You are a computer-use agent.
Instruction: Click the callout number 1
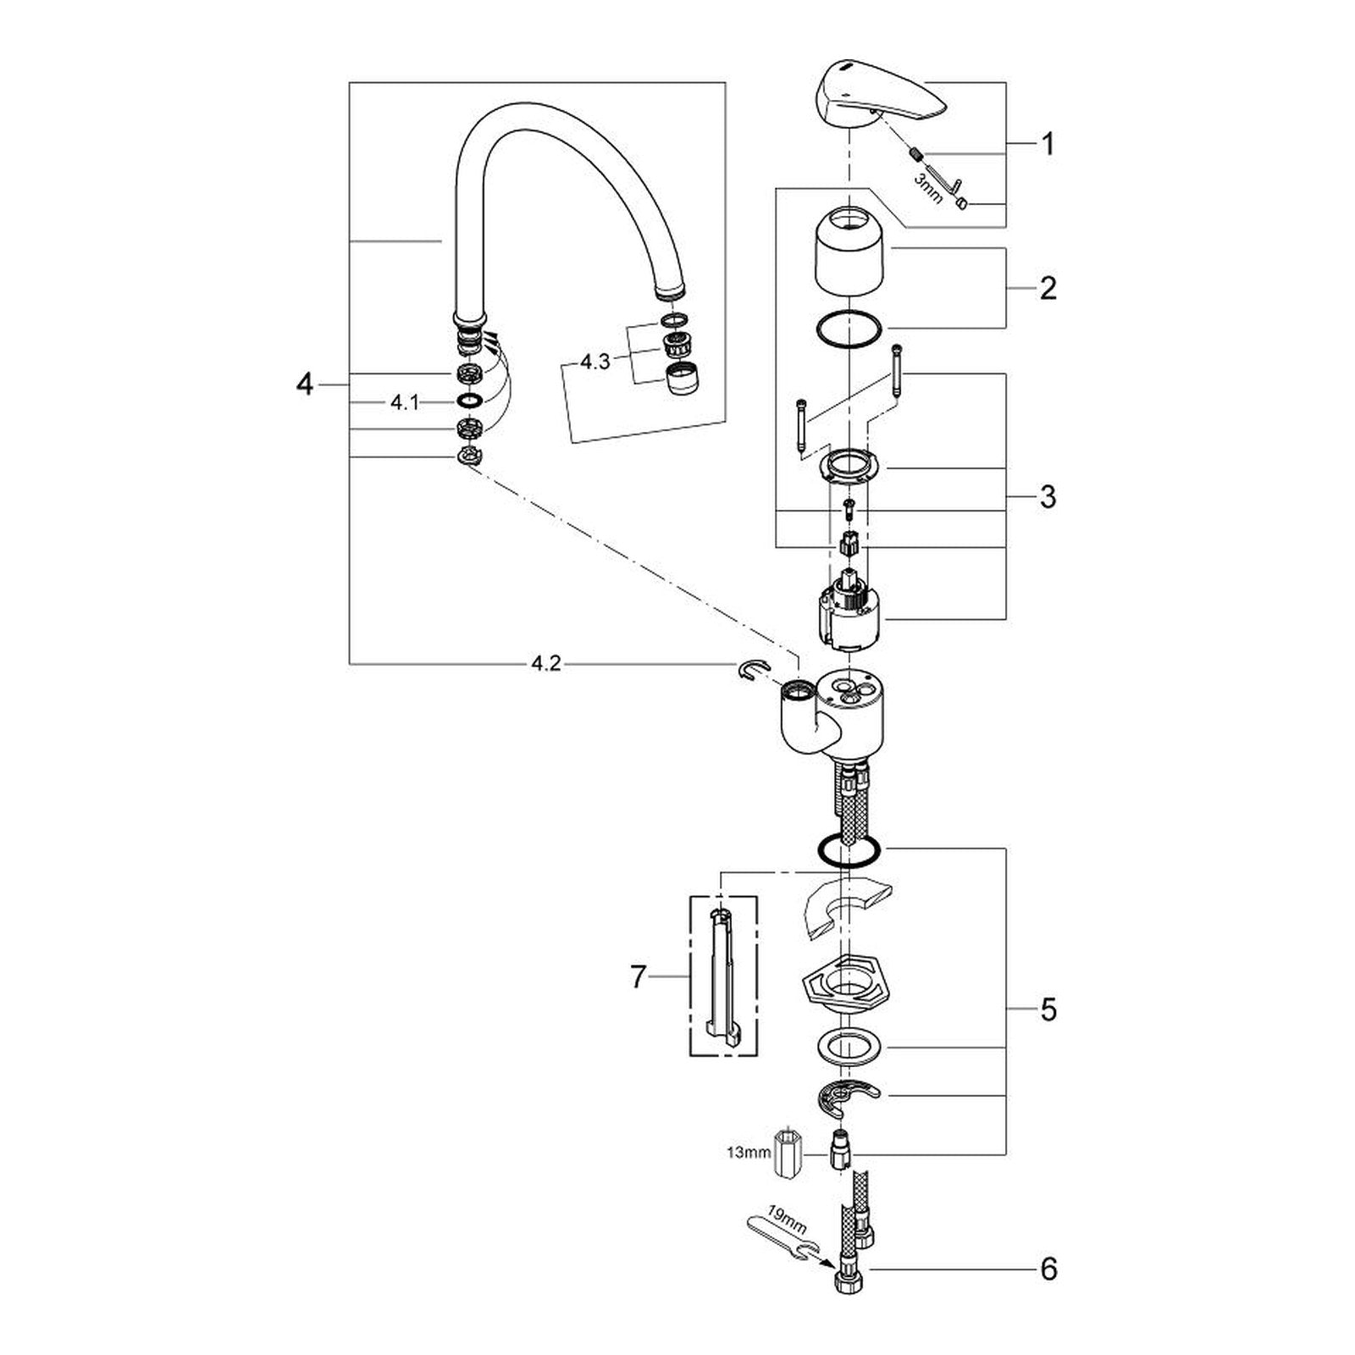(x=1048, y=145)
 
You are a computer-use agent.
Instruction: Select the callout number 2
(x=1048, y=289)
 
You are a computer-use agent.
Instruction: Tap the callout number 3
(x=1048, y=496)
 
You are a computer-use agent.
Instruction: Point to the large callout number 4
(x=305, y=385)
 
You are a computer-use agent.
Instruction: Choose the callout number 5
(x=1048, y=1009)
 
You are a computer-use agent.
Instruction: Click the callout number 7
(x=639, y=978)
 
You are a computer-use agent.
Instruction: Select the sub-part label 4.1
(x=405, y=403)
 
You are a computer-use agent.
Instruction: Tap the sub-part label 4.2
(x=545, y=665)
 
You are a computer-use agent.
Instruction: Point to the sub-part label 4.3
(x=595, y=362)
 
